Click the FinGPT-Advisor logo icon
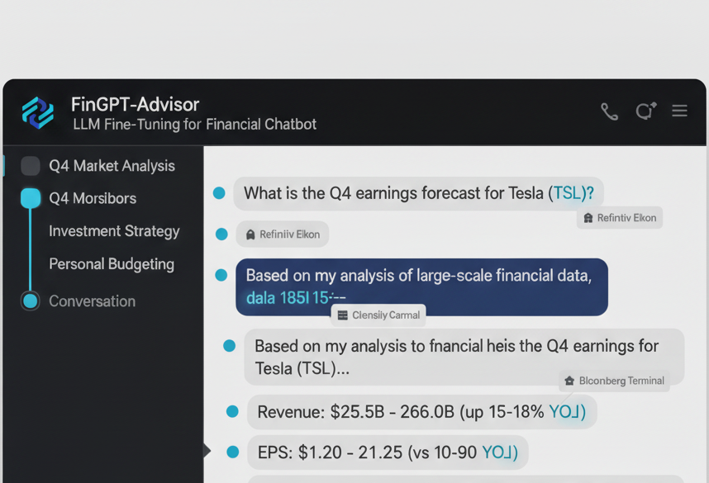38,113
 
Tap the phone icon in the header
609,111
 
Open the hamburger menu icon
679,111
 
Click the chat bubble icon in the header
645,111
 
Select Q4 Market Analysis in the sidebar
112,166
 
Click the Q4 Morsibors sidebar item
93,199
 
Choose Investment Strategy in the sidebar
114,231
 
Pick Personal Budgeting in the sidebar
112,264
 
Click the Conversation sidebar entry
92,301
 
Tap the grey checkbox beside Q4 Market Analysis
31,166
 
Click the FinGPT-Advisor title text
135,105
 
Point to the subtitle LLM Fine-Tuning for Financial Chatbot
194,125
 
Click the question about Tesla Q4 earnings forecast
419,193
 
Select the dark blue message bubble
421,286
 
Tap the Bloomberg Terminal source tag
614,381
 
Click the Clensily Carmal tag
378,315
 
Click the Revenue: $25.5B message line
421,411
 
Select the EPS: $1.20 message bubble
388,452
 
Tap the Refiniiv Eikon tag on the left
283,234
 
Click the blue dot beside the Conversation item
31,301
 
